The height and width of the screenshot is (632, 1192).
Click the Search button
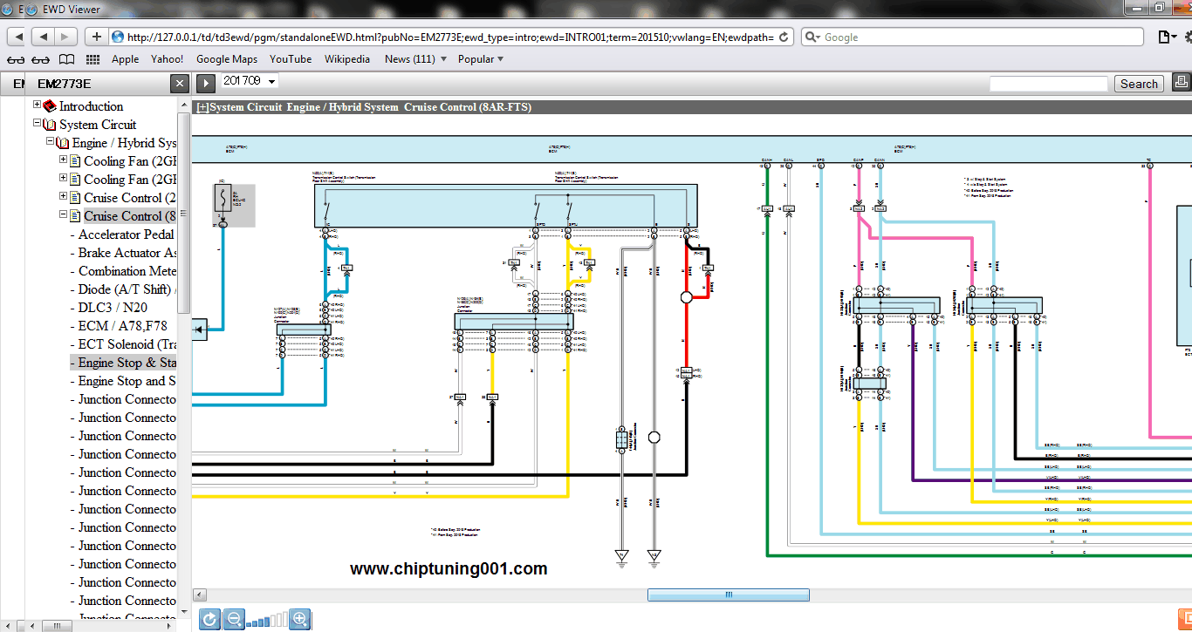(1139, 84)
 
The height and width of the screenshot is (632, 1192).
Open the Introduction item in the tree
(91, 106)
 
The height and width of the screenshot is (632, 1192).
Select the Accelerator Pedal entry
(126, 234)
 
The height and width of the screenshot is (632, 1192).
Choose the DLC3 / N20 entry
(113, 308)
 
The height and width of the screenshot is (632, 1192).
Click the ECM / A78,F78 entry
(122, 326)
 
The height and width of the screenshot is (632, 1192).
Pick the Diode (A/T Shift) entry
(124, 289)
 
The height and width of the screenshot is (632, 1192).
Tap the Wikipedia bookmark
(347, 59)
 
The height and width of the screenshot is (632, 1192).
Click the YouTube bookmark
(291, 59)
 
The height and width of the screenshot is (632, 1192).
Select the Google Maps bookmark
(227, 59)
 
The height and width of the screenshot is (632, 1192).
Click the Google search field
(977, 37)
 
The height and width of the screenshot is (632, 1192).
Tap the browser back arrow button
(42, 37)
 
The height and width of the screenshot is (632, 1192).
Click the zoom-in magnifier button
(299, 620)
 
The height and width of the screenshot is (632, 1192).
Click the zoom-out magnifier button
(233, 620)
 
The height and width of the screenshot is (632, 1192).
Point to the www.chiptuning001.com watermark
(449, 569)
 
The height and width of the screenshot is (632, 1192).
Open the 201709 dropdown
(250, 81)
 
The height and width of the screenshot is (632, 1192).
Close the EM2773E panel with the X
(179, 84)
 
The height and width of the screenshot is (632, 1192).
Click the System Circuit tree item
(98, 125)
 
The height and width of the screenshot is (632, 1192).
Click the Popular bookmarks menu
(481, 59)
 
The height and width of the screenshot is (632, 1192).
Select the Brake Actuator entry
(127, 253)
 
